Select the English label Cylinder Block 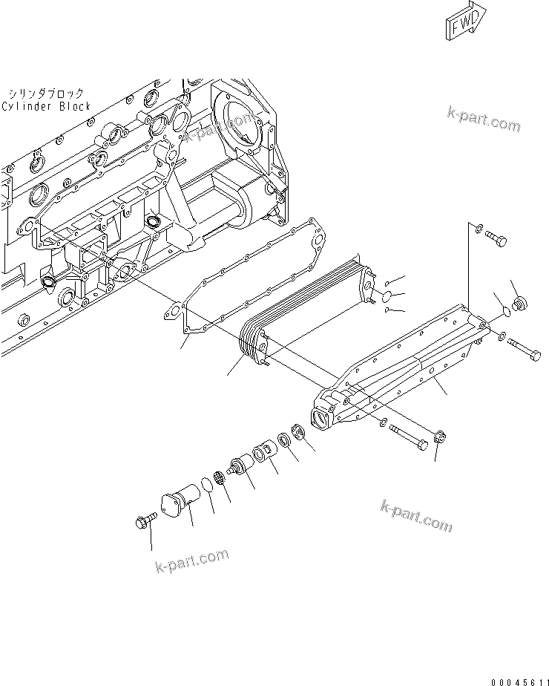(x=46, y=106)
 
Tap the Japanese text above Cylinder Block (x=46, y=94)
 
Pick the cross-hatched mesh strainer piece (x=220, y=479)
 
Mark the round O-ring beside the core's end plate (x=385, y=296)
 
